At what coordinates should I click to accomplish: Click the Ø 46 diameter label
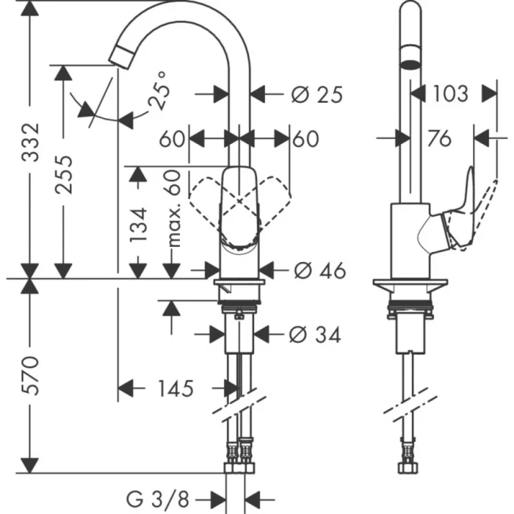[x=319, y=271]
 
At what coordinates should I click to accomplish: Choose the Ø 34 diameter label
[x=316, y=335]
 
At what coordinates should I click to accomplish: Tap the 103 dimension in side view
[x=449, y=93]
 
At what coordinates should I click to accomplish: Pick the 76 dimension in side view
[x=438, y=138]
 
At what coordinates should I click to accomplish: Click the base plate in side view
[x=410, y=286]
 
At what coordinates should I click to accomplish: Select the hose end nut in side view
[x=406, y=466]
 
